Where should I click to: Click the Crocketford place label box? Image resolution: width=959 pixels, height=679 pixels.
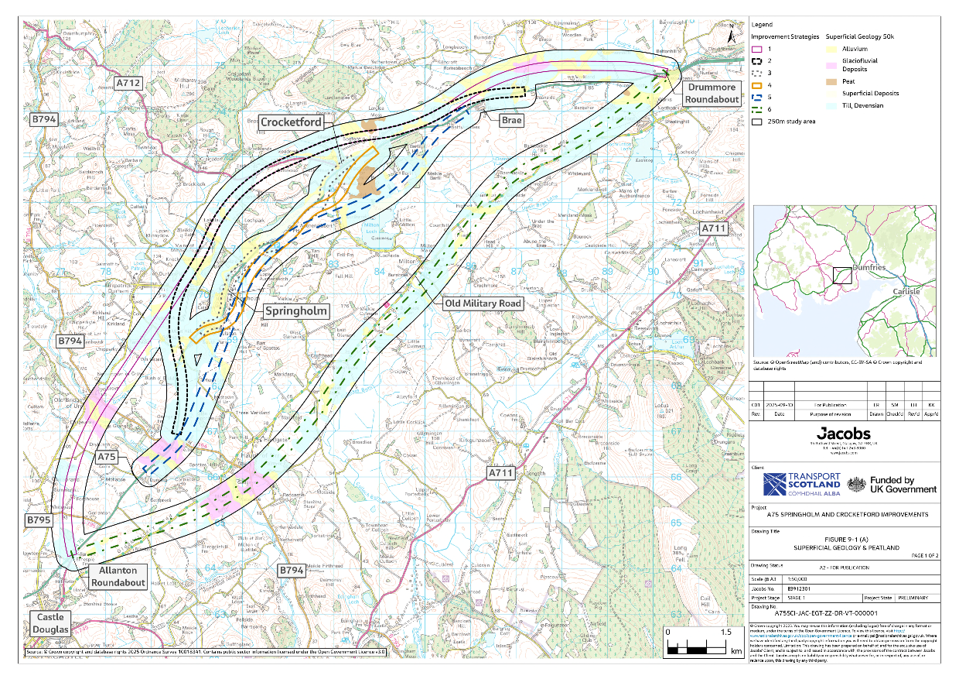pos(291,122)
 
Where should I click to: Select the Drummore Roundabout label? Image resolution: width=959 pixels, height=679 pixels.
pos(714,94)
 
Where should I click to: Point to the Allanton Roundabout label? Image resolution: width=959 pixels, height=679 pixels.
pos(118,577)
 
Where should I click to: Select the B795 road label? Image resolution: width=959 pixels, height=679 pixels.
pos(39,520)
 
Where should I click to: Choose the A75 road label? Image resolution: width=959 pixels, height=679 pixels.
pos(107,458)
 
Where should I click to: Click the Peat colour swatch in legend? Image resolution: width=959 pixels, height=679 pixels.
pos(820,81)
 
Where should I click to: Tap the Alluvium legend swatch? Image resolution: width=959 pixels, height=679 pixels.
pos(820,48)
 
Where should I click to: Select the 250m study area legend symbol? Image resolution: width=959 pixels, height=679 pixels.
pos(757,122)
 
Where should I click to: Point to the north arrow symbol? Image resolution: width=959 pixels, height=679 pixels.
pos(732,33)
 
